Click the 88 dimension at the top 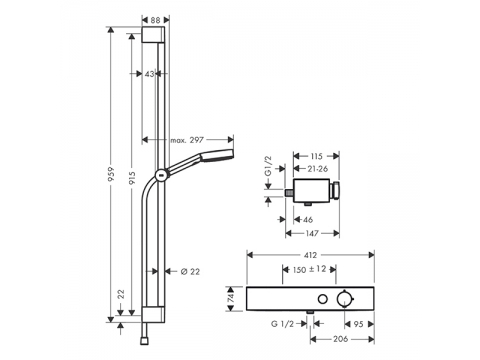(155, 20)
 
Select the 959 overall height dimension (112, 174)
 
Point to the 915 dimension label (132, 178)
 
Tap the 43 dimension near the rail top (150, 74)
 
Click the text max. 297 (187, 140)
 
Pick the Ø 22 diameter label (190, 272)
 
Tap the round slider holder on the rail (161, 175)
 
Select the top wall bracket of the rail (153, 34)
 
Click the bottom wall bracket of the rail (153, 315)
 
